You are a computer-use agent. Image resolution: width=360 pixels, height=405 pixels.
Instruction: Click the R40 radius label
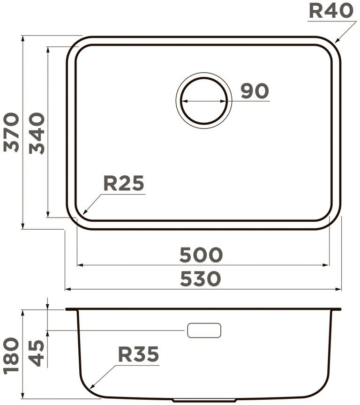(331, 11)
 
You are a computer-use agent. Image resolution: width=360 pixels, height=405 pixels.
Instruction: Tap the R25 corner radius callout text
(123, 183)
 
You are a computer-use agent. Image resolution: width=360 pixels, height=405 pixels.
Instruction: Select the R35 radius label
(138, 354)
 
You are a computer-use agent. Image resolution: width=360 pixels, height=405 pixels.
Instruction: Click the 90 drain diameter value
(255, 90)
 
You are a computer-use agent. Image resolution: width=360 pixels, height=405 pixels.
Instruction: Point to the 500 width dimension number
(201, 255)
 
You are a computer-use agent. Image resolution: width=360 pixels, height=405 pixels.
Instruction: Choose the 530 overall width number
(201, 278)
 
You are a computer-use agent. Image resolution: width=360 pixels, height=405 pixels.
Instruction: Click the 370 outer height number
(11, 132)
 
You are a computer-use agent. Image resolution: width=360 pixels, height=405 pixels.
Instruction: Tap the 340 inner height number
(37, 133)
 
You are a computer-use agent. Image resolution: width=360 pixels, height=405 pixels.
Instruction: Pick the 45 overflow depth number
(37, 353)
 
